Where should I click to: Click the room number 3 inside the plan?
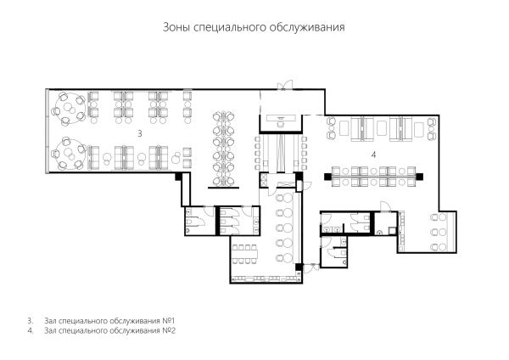click(x=140, y=133)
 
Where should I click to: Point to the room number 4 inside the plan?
click(x=373, y=155)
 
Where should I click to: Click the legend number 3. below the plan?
click(x=31, y=321)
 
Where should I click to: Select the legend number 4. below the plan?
click(x=31, y=331)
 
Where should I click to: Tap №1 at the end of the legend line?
click(x=169, y=321)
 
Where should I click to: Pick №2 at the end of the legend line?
click(x=169, y=331)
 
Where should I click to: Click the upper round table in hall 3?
click(x=70, y=109)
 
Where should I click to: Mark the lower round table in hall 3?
click(x=70, y=154)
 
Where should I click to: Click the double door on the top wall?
click(x=285, y=85)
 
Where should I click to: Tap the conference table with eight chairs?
click(x=245, y=253)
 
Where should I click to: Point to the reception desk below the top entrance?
click(x=281, y=117)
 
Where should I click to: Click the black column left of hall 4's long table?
click(x=327, y=177)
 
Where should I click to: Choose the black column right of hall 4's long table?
click(x=420, y=177)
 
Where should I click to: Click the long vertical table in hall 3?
click(x=224, y=149)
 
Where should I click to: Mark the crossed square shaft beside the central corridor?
click(x=263, y=180)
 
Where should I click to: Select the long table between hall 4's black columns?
click(x=373, y=177)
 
